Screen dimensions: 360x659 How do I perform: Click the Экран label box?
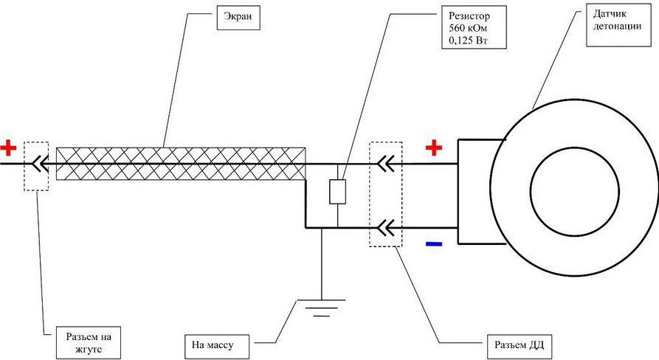click(x=238, y=18)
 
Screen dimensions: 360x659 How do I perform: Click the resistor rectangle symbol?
click(x=337, y=191)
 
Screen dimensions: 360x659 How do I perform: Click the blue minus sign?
click(x=434, y=243)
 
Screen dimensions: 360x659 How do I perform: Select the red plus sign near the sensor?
click(x=434, y=149)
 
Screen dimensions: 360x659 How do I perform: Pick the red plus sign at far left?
click(x=8, y=148)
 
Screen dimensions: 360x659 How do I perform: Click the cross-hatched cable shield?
click(x=181, y=163)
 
